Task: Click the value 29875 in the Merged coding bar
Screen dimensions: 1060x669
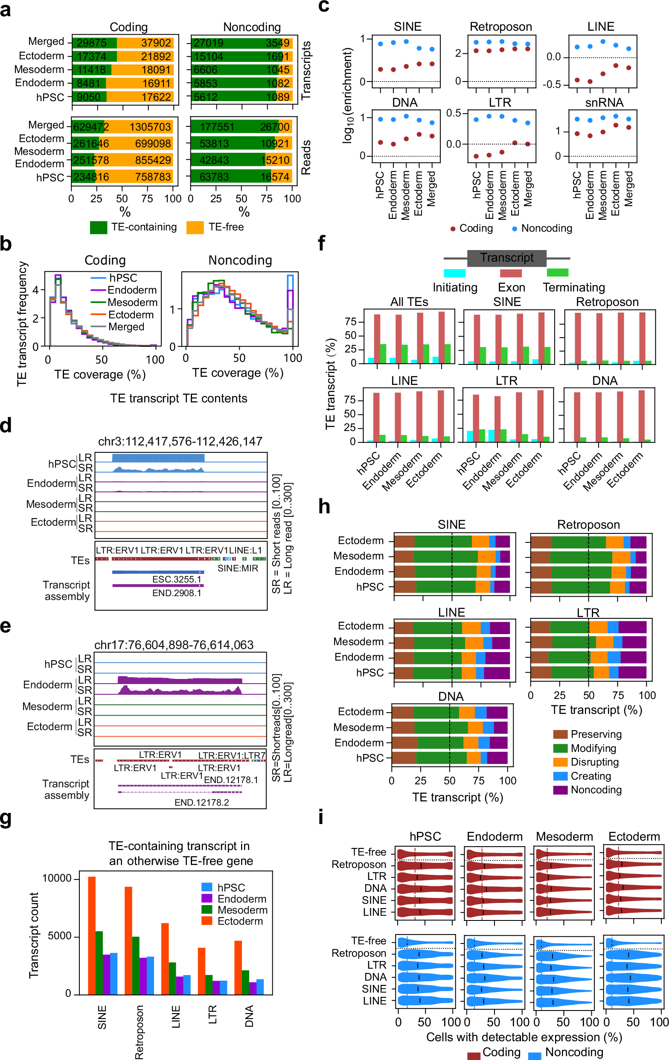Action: click(x=92, y=43)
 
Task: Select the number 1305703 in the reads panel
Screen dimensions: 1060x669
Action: click(x=150, y=127)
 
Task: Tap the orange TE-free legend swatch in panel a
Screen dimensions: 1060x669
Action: click(x=195, y=227)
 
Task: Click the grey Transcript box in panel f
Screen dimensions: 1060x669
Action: click(x=506, y=258)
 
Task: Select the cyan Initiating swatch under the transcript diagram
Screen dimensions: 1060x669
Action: click(x=454, y=273)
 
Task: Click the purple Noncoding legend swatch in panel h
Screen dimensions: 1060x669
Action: click(x=560, y=790)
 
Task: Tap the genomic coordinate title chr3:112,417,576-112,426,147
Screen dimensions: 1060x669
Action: click(x=180, y=441)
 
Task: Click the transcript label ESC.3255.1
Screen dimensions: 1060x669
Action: click(x=177, y=580)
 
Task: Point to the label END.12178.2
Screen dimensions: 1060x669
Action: click(x=201, y=803)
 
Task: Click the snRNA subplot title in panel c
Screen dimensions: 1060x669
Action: click(x=604, y=102)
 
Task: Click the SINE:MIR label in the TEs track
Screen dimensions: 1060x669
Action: click(x=238, y=568)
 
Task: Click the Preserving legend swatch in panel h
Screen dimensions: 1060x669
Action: click(x=560, y=734)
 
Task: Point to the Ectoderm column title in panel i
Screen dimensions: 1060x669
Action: click(x=634, y=837)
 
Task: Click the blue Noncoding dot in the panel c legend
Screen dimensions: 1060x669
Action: click(x=515, y=229)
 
